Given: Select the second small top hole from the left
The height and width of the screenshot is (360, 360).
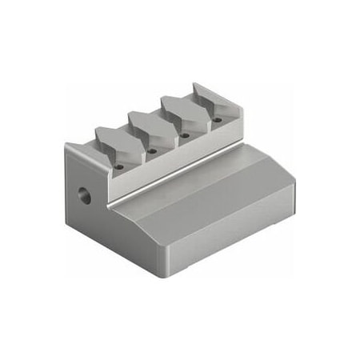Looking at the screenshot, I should click(151, 150).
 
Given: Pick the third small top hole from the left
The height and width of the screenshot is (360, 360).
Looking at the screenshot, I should click(185, 136).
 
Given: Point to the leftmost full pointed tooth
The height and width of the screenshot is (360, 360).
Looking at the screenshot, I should click(112, 140).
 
